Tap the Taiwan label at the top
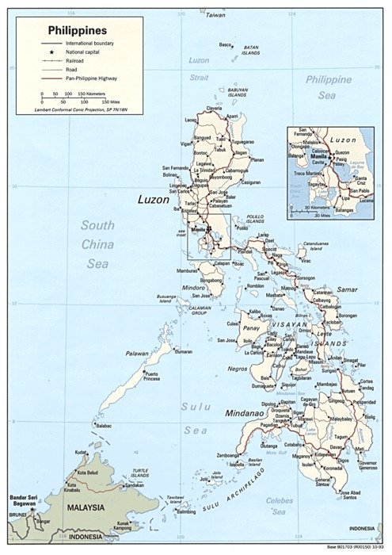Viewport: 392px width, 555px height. point(215,14)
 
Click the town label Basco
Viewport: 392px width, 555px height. point(226,44)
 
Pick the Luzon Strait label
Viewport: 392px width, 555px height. point(199,68)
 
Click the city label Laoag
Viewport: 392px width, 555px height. point(190,120)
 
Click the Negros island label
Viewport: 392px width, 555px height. point(238,369)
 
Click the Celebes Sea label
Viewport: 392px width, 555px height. point(279,506)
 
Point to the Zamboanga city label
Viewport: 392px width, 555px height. point(230,455)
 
